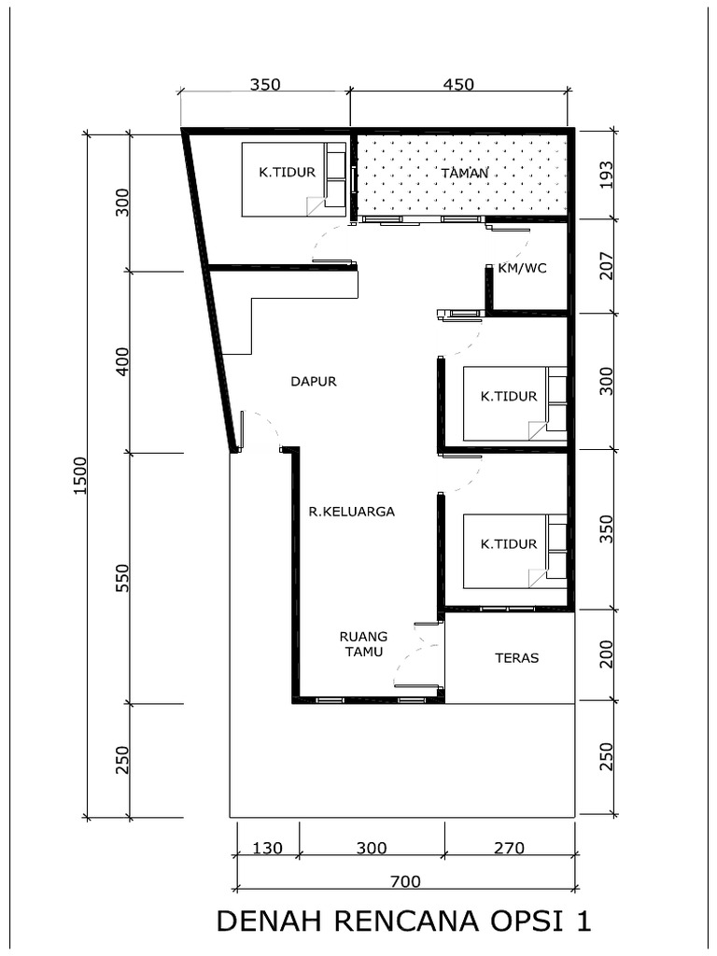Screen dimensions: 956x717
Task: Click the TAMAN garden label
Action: point(464,173)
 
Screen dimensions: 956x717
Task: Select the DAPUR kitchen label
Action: point(313,381)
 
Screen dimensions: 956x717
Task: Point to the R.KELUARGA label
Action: point(352,512)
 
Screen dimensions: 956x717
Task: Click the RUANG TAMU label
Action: point(363,644)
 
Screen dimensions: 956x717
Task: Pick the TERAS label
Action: point(516,657)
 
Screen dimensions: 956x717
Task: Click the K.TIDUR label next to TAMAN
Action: point(287,172)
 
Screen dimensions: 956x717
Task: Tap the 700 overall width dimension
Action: point(406,880)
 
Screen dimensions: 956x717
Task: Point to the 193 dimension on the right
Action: point(606,175)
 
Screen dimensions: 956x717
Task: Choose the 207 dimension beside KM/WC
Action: point(606,266)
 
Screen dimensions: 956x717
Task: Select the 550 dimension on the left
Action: point(122,578)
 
